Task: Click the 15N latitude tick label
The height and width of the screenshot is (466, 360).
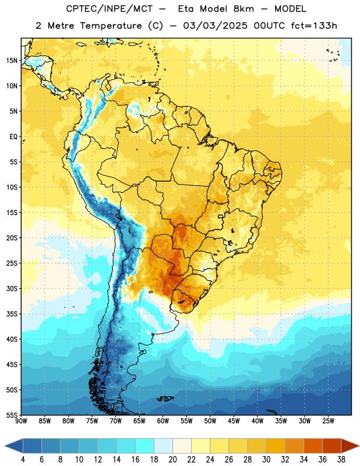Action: coord(12,61)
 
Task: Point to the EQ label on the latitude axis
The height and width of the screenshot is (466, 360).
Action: coord(13,137)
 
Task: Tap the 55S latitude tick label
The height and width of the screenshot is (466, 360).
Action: coord(12,415)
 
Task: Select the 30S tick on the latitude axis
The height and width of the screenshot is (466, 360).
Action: coord(12,288)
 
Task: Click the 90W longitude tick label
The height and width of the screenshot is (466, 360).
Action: coord(21,421)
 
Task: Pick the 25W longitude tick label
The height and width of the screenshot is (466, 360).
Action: coord(328,421)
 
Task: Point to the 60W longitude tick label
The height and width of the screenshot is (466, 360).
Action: coord(163,421)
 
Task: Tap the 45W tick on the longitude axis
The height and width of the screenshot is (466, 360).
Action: coord(234,421)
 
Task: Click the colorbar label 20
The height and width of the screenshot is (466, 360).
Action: coord(172,460)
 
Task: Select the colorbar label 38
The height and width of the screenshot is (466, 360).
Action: coord(341,460)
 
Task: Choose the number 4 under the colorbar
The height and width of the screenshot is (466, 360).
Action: coord(23,460)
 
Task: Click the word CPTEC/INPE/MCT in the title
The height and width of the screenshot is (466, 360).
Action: coord(109,9)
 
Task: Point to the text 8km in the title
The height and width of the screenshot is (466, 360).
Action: coord(243,9)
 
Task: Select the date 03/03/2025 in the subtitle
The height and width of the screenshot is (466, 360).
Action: coord(215,26)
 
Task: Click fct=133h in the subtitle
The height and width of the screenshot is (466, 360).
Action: coord(314,26)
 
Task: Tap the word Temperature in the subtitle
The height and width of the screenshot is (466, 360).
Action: coord(111,26)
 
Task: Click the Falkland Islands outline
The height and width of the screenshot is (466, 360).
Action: coord(165,398)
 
